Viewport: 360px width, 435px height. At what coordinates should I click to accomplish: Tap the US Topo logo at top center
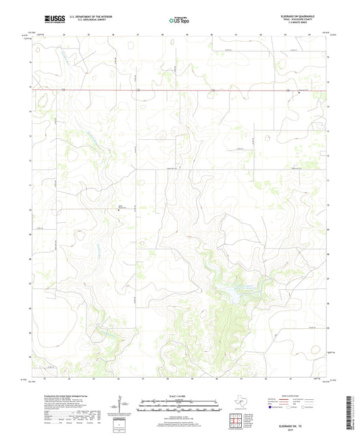pos(175,22)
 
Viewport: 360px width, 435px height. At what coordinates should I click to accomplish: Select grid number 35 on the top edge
pos(88,32)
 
